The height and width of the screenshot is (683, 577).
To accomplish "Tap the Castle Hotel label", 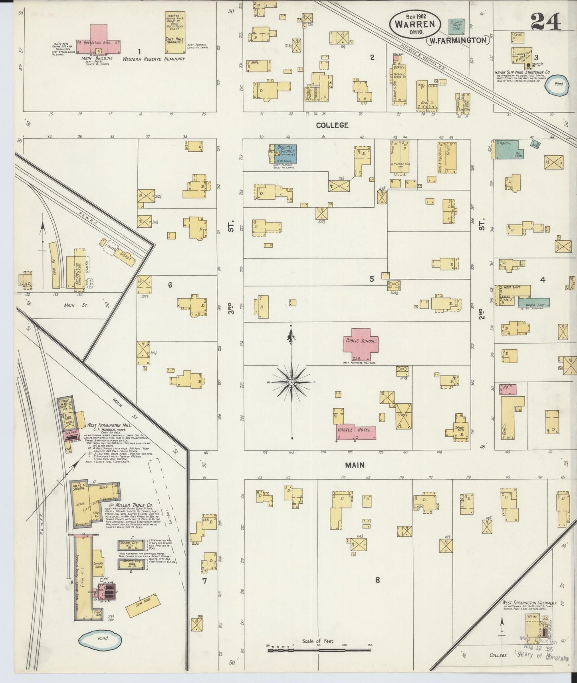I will (x=355, y=430).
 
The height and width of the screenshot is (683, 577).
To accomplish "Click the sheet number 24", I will (x=546, y=22).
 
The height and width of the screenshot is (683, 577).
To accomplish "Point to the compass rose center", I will (x=292, y=382).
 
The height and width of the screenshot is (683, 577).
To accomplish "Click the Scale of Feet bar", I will (x=318, y=650).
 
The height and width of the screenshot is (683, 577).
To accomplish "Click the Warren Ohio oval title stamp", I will (x=415, y=24).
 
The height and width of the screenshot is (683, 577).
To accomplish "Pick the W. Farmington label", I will (x=458, y=40).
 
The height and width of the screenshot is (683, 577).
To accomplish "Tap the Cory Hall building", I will (x=175, y=33).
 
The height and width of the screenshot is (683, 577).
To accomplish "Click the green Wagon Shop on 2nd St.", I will (x=534, y=303).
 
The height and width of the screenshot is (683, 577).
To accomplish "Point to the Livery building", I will (x=403, y=416).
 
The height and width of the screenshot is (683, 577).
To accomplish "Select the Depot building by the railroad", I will (x=119, y=252).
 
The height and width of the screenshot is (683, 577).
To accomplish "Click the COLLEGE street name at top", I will (x=332, y=125).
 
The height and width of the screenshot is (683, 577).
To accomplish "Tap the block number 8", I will (x=377, y=580).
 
